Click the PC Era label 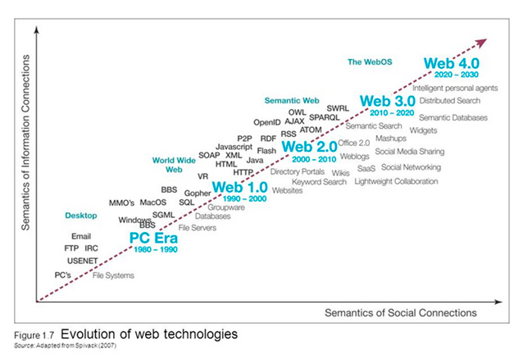[156, 238]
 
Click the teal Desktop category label [80, 216]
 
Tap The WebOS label [368, 62]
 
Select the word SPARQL [325, 118]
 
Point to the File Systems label [113, 276]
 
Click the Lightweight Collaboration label [396, 180]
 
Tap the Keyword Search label [319, 182]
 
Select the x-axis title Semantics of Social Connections [400, 312]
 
